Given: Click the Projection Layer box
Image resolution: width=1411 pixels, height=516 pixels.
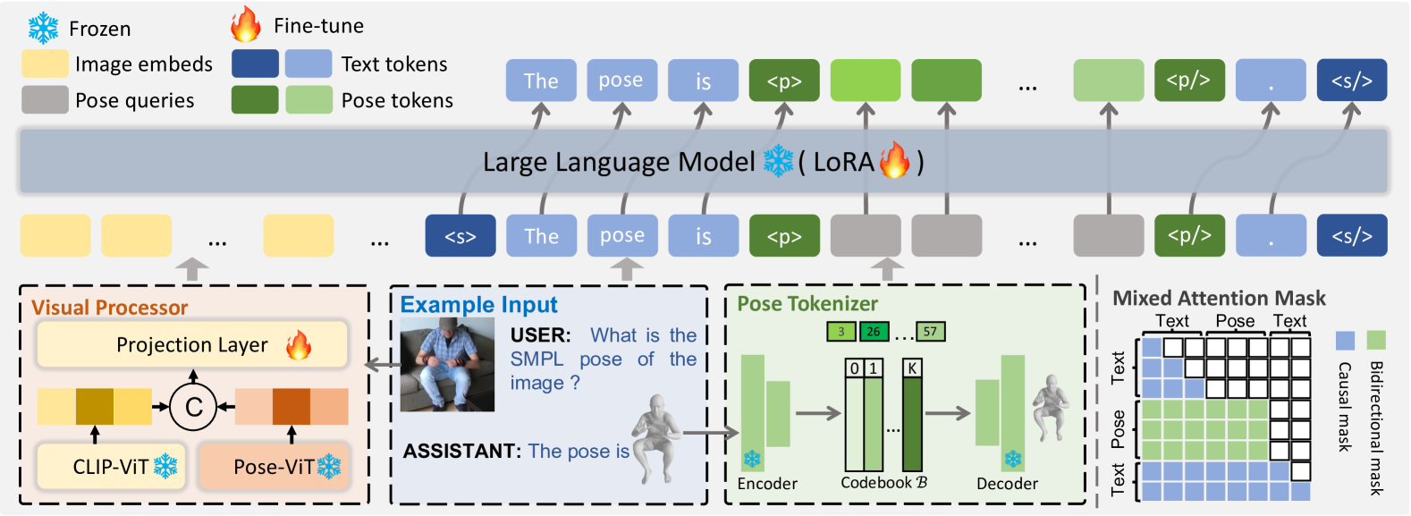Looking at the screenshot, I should point(191,345).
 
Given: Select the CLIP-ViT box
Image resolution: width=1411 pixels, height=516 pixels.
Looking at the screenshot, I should point(111,466).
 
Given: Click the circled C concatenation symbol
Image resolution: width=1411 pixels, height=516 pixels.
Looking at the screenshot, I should point(193,407).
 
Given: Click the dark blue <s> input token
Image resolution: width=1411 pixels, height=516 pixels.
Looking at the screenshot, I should point(460,236).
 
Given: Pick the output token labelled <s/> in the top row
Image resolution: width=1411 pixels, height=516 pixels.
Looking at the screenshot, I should point(1351,80).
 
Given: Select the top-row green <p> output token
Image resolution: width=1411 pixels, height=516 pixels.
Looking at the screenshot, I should point(783,80).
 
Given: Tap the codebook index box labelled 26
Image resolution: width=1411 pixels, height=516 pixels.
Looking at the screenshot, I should point(874,332).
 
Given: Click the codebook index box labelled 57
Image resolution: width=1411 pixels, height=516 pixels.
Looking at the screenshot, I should point(930,332).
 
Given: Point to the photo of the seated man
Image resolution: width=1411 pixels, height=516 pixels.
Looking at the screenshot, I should point(446,366).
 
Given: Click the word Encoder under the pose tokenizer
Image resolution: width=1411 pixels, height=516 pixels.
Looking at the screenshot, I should point(767,484).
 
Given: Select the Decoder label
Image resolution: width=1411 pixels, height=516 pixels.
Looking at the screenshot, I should point(1007,484).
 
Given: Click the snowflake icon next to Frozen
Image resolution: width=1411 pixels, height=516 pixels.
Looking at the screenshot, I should point(43,29).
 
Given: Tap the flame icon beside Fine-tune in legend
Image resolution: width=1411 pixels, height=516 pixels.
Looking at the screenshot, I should point(245,25).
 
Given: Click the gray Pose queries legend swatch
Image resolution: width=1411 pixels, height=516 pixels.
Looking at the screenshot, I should point(45,100).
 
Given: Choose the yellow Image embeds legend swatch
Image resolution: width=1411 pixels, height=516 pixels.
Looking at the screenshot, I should point(45,63).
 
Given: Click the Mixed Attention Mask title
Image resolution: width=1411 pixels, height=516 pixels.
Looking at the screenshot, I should point(1218,298).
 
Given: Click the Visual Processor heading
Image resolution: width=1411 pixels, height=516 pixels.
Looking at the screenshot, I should point(109,308).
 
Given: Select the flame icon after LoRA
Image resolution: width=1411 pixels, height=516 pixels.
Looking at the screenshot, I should point(894,161).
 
